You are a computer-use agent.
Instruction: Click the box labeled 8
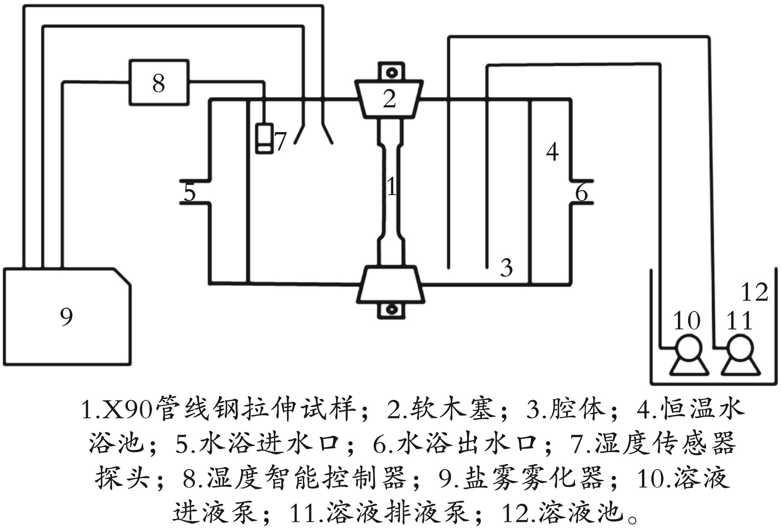(159, 83)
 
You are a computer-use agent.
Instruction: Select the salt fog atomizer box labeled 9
(66, 317)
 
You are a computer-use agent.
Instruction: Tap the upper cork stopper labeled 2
(389, 98)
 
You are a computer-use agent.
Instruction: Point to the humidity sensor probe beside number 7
(264, 138)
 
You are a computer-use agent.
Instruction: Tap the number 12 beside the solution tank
(755, 292)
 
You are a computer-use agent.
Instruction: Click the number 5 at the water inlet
(190, 192)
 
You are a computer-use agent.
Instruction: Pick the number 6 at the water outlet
(582, 192)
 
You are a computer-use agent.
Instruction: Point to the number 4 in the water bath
(552, 152)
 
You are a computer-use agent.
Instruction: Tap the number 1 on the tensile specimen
(392, 187)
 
